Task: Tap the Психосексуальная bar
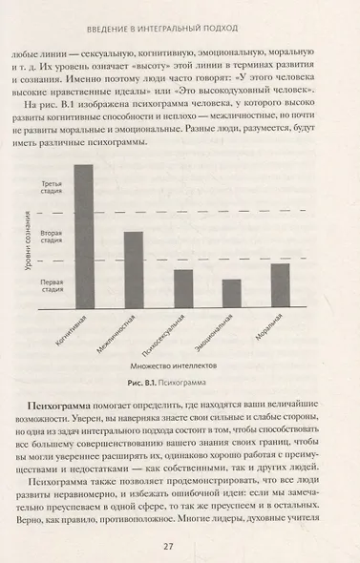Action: [x=182, y=287]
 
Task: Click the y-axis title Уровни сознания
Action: [x=30, y=252]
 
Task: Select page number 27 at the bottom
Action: [x=180, y=545]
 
